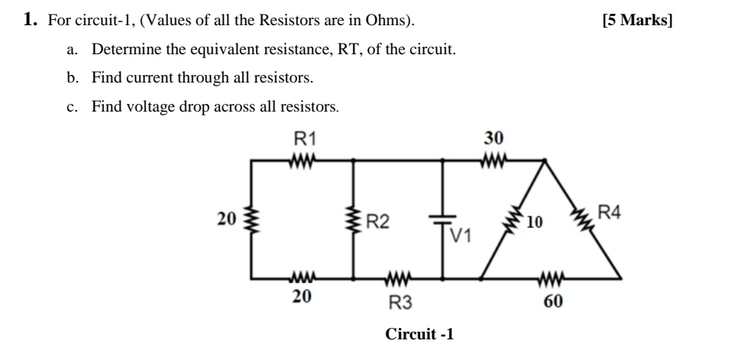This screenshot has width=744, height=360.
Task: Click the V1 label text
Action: pos(461,234)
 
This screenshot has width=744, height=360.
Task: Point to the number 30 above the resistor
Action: pos(493,138)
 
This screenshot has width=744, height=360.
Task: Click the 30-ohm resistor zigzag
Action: pos(495,161)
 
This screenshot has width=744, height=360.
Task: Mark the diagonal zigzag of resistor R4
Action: pos(584,219)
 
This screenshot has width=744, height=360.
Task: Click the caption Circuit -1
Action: pos(420,334)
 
